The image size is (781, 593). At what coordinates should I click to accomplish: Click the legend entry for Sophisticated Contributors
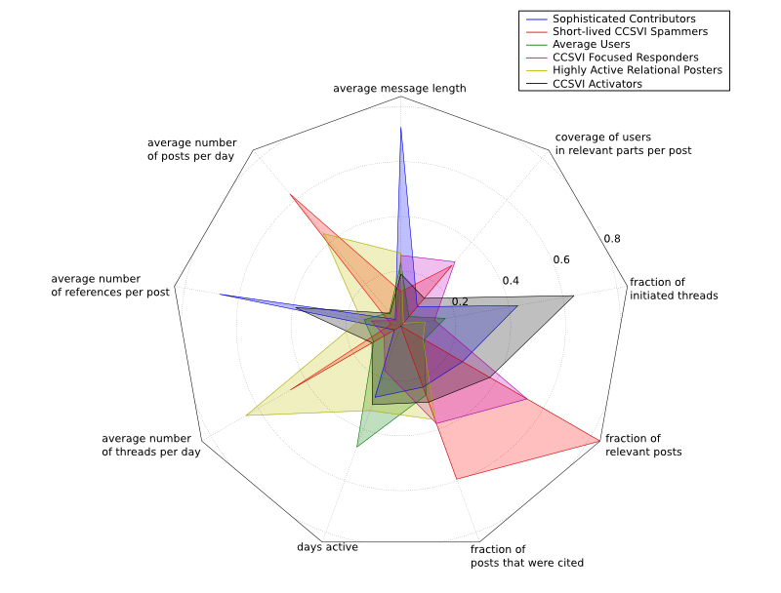coord(623,19)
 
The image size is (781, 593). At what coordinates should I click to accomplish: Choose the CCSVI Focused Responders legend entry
coord(625,58)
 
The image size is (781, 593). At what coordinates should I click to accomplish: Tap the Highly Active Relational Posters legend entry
coord(637,71)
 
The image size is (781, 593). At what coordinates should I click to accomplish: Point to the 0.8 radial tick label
coord(611,239)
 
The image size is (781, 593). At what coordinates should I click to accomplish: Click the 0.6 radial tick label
coord(561,260)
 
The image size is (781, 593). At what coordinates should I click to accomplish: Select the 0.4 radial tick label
coord(511,281)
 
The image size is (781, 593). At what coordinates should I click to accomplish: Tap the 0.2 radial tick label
coord(460,301)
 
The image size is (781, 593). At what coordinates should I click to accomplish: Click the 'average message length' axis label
coord(399,89)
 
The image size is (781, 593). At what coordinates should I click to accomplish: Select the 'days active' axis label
coord(327,547)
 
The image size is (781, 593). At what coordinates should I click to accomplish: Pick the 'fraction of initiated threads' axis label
coord(674,289)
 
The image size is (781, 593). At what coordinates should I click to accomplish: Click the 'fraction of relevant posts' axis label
coord(643,445)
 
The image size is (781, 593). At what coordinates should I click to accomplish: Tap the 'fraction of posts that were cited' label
coord(527,556)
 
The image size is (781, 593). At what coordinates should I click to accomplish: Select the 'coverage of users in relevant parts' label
coord(623,143)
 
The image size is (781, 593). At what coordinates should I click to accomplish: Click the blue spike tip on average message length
coord(400,127)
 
